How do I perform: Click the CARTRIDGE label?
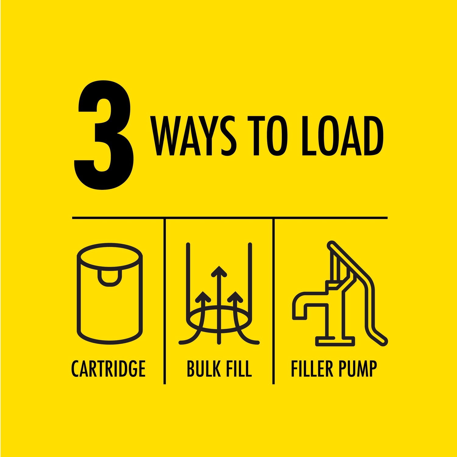[108, 369]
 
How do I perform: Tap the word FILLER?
[312, 369]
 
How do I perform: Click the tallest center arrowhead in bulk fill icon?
[219, 271]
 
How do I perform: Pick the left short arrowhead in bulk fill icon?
[203, 296]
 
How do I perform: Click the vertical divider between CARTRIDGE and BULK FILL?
[165, 301]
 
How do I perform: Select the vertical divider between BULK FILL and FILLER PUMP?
[274, 301]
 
